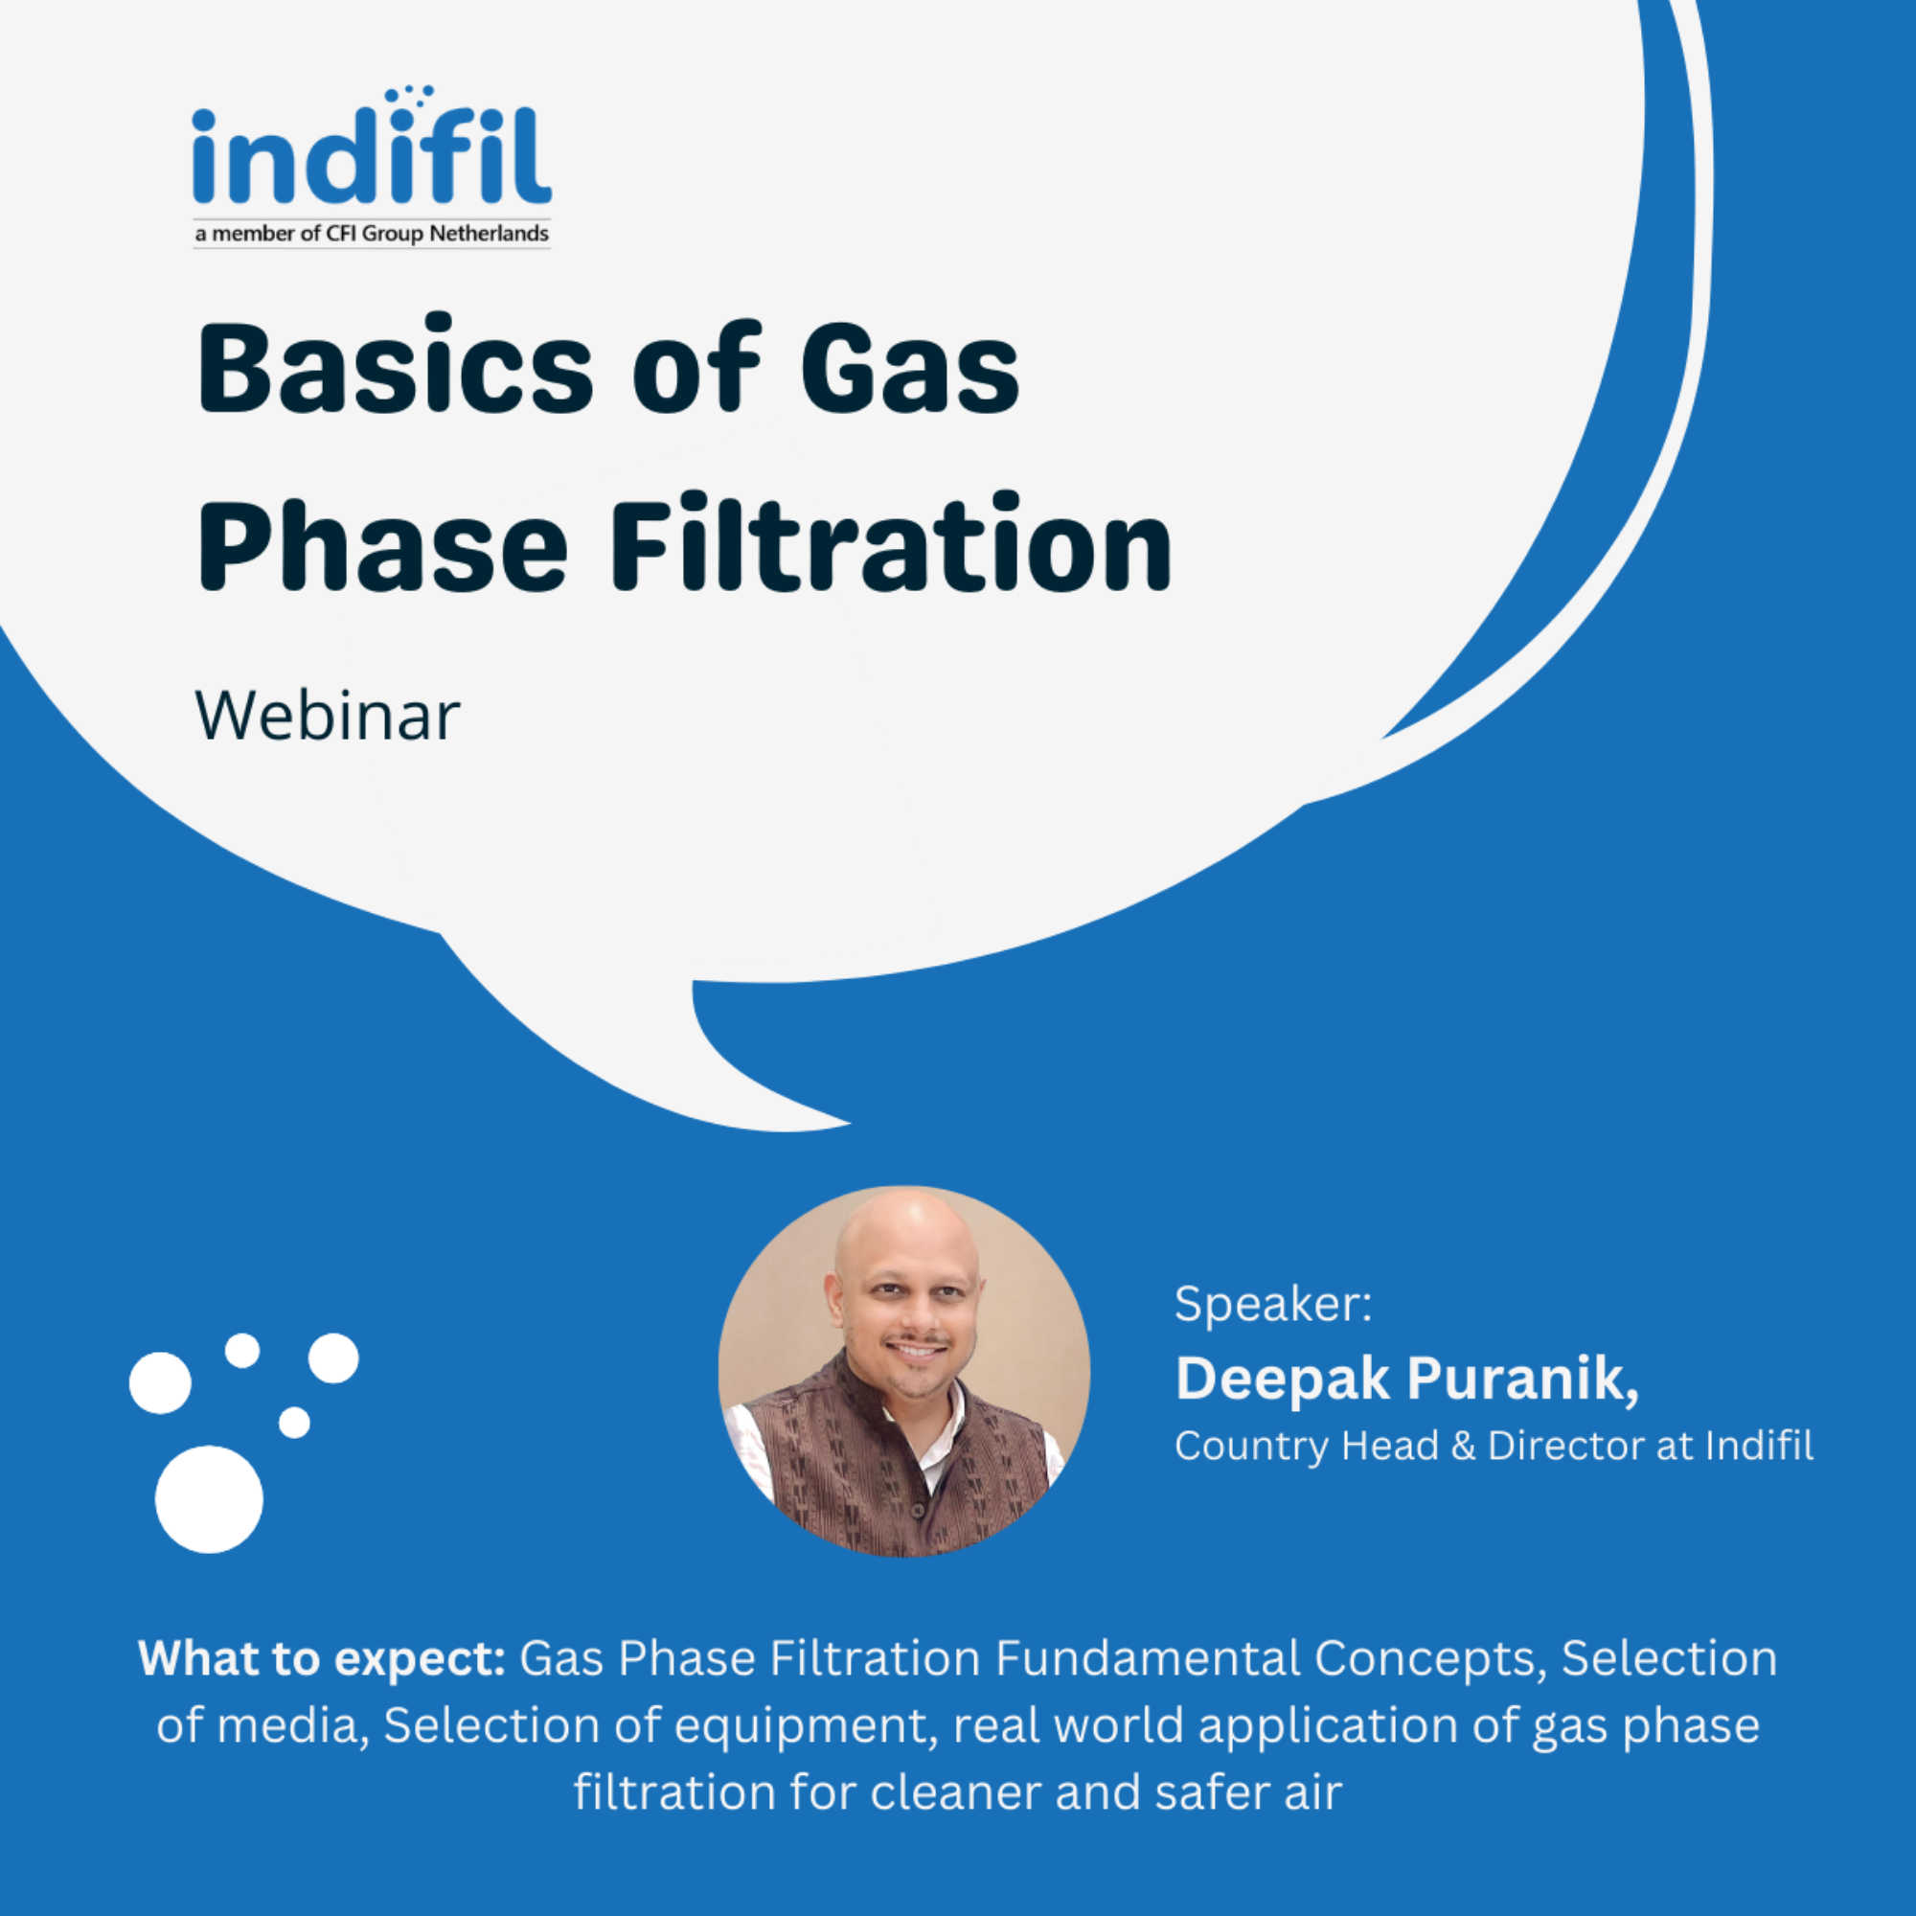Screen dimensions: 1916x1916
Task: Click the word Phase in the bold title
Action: [x=383, y=542]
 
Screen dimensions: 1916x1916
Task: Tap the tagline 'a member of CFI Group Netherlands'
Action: [x=372, y=234]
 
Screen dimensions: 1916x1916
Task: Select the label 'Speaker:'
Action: [x=1273, y=1304]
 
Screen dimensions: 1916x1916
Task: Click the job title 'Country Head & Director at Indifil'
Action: [x=1494, y=1446]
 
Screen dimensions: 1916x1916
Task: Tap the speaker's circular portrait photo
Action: [x=904, y=1372]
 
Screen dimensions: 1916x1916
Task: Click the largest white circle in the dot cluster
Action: [x=209, y=1498]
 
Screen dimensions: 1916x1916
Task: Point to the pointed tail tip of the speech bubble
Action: [x=851, y=1124]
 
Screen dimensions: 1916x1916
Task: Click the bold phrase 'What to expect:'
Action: [x=322, y=1659]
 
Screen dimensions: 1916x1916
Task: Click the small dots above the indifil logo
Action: [x=410, y=94]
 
